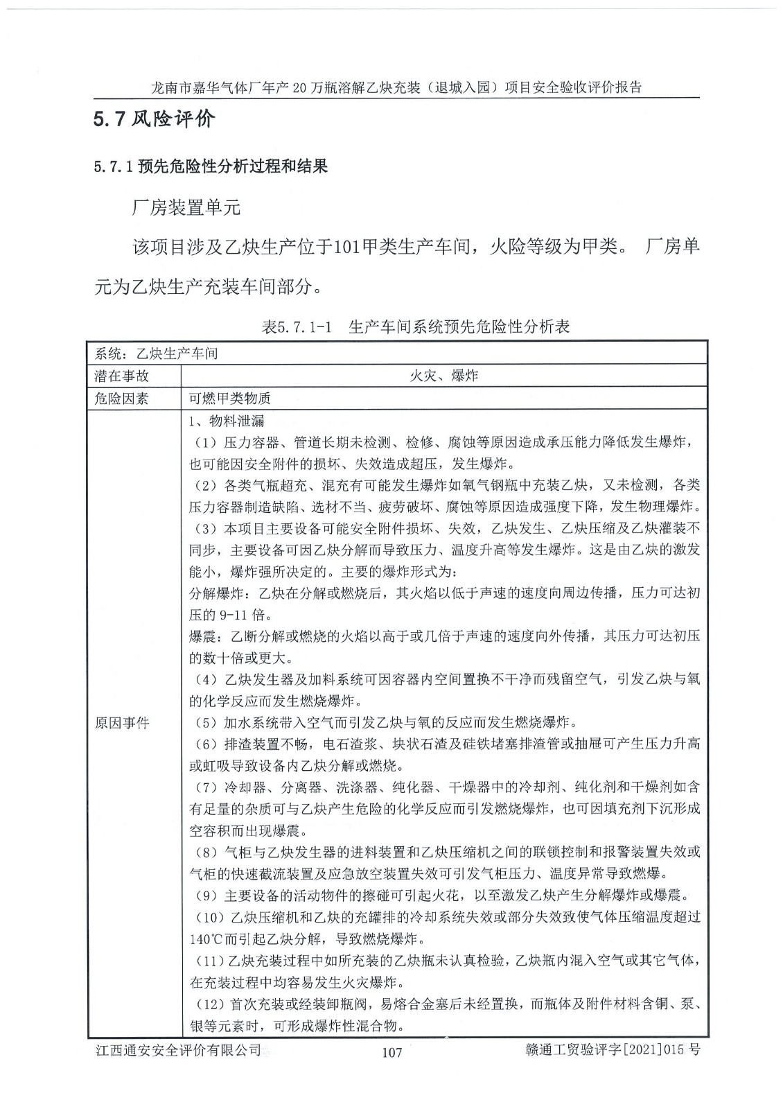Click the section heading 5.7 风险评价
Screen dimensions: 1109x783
pos(155,119)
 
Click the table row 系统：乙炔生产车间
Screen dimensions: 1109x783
pos(156,353)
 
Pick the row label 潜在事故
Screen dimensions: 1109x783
pos(122,376)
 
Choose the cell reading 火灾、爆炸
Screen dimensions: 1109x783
pos(443,376)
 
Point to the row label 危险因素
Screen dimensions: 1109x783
pos(122,399)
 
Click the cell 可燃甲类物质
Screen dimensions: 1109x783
pos(229,399)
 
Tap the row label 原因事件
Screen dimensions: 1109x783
pos(122,723)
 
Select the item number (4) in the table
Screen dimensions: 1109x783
pos(204,679)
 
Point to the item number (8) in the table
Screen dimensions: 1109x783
pos(204,852)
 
